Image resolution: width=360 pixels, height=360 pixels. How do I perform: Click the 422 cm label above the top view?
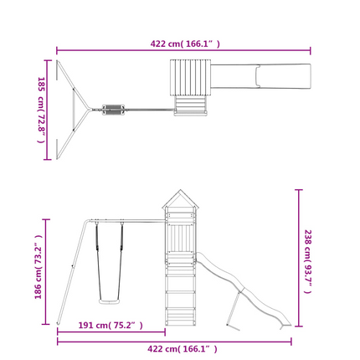point(185,44)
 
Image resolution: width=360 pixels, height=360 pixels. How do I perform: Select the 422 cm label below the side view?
point(183,349)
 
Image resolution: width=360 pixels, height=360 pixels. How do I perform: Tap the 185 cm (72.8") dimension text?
point(41,110)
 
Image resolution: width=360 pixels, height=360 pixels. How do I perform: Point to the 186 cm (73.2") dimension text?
point(38,267)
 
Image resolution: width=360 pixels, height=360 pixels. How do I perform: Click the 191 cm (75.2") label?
point(111,325)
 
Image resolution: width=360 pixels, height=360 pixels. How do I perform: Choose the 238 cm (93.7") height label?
point(307,261)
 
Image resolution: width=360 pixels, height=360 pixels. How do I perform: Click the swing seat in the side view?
point(109,301)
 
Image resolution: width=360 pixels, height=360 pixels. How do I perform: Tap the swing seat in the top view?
point(113,110)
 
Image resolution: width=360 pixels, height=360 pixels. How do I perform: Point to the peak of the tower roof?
point(181,190)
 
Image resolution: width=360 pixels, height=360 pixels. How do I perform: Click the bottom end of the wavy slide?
point(285,325)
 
